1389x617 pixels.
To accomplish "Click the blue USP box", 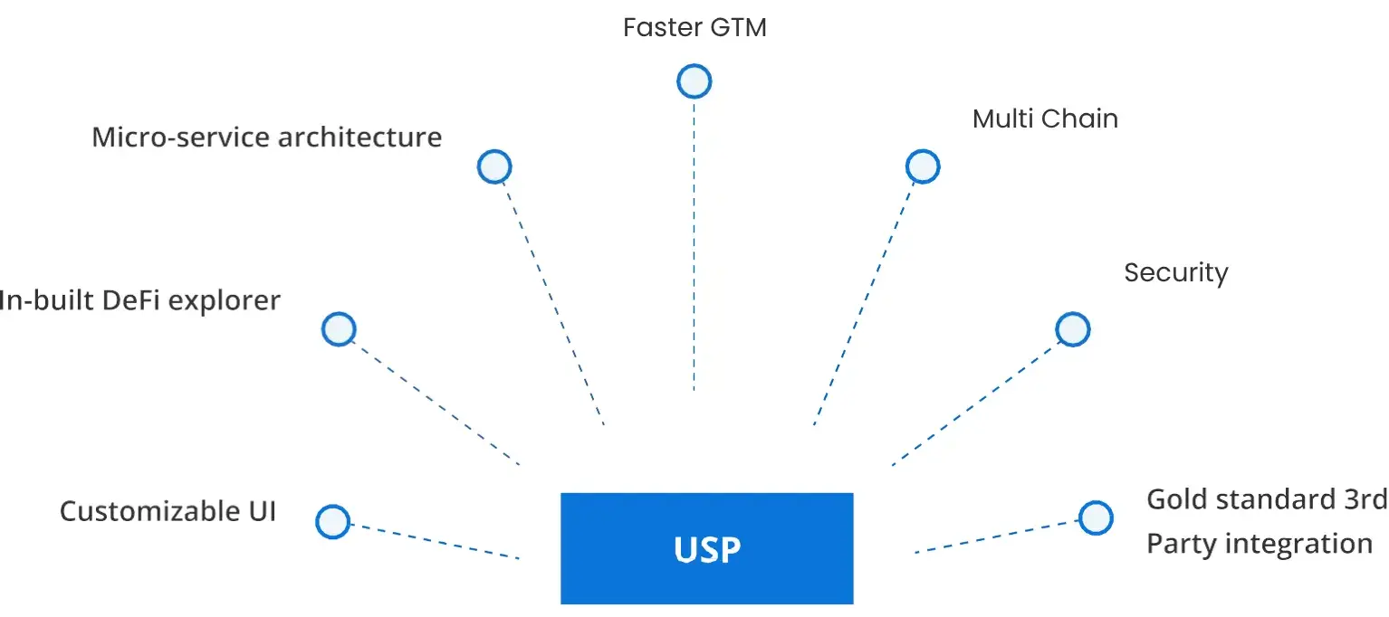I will coord(706,548).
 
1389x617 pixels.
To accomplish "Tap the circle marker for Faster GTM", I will coord(694,81).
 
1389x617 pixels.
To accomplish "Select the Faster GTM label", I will coord(694,27).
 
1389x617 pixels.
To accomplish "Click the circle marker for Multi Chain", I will coord(923,166).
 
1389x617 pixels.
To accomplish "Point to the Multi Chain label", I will coord(1045,119).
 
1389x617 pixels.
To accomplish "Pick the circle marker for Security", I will coord(1073,329).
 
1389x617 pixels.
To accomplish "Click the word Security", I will coord(1175,272).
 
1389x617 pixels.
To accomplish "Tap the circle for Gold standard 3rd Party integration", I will coord(1095,517).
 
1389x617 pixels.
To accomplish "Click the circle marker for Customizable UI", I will coord(332,522).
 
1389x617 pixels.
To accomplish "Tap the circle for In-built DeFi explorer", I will coord(339,328).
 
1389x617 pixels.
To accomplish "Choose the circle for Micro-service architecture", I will coord(494,166).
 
